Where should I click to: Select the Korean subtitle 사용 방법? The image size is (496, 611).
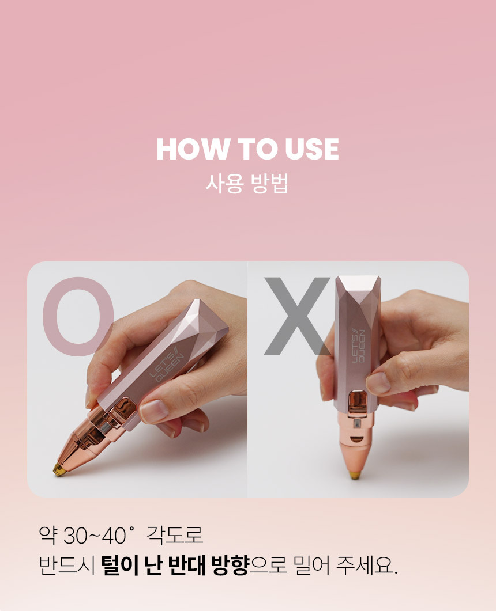[x=247, y=184]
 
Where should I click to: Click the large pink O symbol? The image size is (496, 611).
[x=78, y=316]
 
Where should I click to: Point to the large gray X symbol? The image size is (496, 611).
[x=298, y=316]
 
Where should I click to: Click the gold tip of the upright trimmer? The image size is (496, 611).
[x=355, y=475]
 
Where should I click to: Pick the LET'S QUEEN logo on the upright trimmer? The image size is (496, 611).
[x=358, y=346]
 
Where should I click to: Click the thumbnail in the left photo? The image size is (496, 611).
[x=154, y=411]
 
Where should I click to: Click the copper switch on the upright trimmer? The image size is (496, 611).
[x=357, y=401]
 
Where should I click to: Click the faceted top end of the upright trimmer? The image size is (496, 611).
[x=358, y=289]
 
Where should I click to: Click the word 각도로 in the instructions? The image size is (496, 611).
[x=175, y=534]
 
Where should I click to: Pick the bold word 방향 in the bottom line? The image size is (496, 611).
[x=230, y=565]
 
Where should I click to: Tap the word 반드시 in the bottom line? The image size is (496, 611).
[x=67, y=566]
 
